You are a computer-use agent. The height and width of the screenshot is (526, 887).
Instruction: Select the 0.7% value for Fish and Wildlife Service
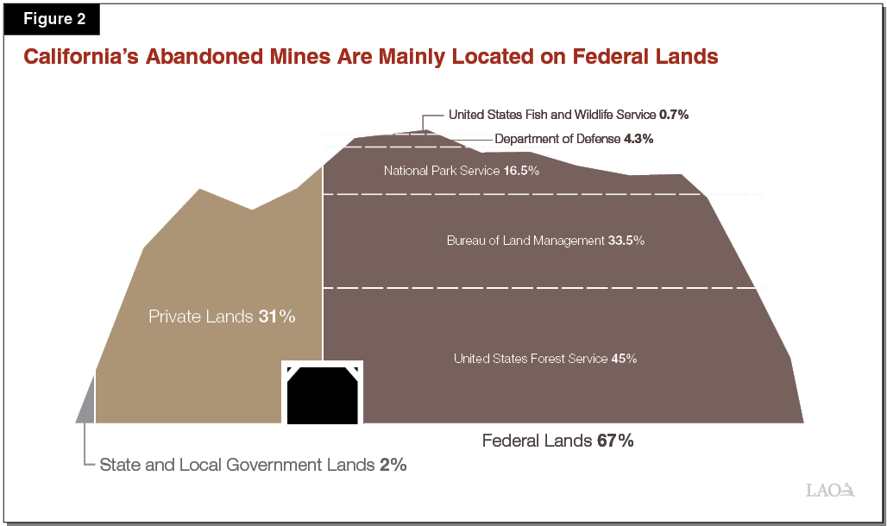coord(673,114)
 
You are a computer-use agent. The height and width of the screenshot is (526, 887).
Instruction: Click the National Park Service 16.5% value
coord(522,171)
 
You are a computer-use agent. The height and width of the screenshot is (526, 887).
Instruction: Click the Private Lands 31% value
coord(276,316)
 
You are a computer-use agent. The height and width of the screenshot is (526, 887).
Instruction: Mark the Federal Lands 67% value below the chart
coord(615,441)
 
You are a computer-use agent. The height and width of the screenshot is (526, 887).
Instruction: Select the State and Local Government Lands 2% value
coord(393,465)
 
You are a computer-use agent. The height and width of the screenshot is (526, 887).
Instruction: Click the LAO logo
coord(829,490)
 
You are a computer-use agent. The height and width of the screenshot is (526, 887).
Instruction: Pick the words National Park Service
coord(441,171)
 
